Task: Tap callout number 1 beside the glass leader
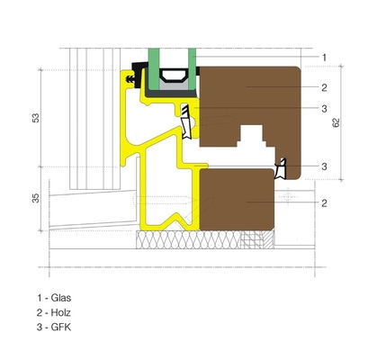click(x=325, y=57)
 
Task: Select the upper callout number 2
click(x=325, y=87)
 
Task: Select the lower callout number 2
click(x=325, y=203)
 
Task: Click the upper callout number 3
click(x=325, y=109)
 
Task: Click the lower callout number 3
click(x=325, y=166)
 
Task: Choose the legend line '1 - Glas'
click(x=53, y=297)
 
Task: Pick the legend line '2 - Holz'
click(x=53, y=311)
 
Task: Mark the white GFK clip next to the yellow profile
click(x=187, y=121)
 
